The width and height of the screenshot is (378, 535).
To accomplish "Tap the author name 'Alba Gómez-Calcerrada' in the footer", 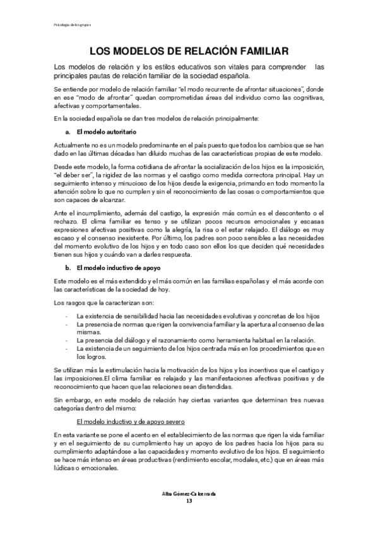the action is tap(189, 511).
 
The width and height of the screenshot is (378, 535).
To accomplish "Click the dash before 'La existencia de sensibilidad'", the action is tap(66, 314).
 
